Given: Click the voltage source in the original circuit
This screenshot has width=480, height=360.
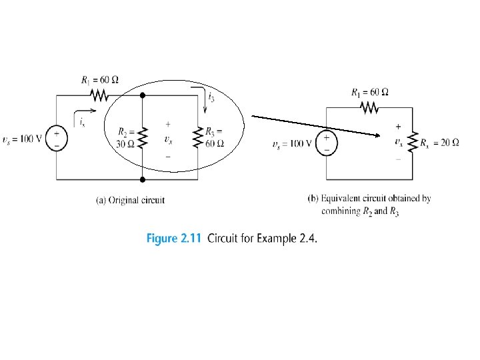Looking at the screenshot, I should [57, 138].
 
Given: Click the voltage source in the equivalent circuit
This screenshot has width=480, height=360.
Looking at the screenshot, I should [327, 143].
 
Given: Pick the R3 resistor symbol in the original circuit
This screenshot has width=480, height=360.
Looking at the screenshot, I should [198, 137].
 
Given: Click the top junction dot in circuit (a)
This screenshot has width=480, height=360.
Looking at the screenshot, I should [143, 96].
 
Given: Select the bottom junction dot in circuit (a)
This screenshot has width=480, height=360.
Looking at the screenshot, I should [143, 179].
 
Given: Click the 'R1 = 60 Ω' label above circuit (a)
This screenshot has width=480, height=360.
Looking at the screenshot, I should [100, 80].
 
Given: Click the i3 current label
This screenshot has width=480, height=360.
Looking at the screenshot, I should [211, 98].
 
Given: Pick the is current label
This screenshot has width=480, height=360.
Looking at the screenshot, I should [81, 122].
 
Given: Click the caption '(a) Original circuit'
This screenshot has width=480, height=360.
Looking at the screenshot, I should [131, 199].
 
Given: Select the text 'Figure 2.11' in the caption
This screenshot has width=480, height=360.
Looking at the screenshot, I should [175, 239].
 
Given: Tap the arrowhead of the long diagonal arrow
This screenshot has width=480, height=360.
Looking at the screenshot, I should [379, 135].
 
